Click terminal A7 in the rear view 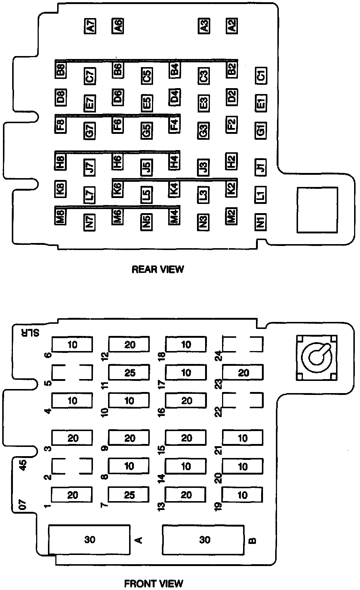click(90, 26)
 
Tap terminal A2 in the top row click(232, 26)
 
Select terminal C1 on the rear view click(261, 76)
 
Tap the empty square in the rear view click(317, 210)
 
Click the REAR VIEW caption click(157, 269)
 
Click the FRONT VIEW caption click(153, 584)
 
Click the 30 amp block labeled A click(89, 540)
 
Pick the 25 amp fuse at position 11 click(129, 372)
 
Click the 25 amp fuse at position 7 click(129, 494)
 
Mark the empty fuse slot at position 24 click(243, 344)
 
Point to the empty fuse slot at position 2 click(72, 466)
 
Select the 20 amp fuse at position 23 click(243, 372)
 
